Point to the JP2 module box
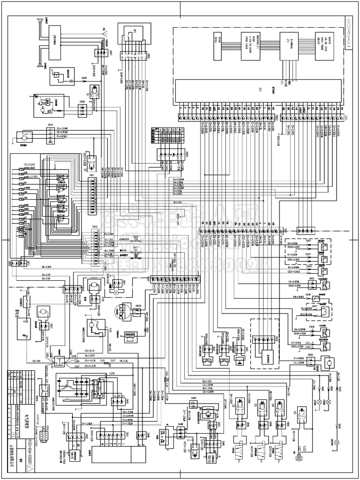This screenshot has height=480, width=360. coord(287,46)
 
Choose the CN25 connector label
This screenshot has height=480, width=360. coord(311,279)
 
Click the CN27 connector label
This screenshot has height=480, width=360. coord(315,306)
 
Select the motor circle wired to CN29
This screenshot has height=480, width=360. coord(328,362)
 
